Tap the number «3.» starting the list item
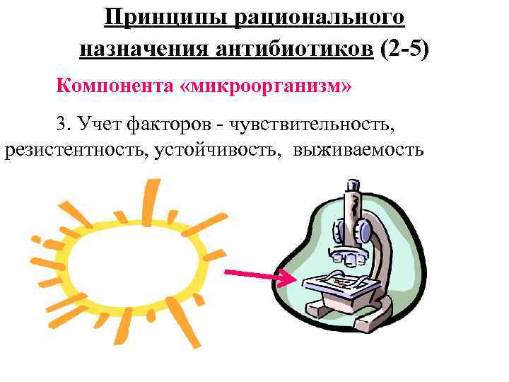66,125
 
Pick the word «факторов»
169,125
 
